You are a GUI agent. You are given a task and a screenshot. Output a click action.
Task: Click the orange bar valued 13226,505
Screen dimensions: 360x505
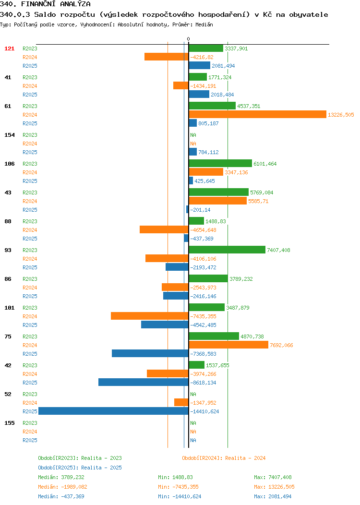pos(258,114)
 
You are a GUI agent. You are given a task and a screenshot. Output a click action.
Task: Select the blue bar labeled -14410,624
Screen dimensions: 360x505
pos(113,411)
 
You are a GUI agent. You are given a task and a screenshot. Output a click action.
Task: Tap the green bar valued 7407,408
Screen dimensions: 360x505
pos(227,250)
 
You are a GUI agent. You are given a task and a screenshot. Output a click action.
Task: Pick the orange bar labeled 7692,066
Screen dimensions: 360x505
pos(228,345)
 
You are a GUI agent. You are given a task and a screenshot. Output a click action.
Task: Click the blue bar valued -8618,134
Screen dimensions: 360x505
pos(144,382)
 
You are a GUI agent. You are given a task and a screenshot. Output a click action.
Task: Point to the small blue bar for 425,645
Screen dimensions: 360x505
pos(191,180)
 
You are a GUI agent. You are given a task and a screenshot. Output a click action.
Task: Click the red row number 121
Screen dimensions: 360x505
pos(9,48)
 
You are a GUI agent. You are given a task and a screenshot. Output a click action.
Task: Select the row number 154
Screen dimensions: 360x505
pos(9,135)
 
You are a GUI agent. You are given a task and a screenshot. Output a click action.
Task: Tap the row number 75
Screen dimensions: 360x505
pos(8,337)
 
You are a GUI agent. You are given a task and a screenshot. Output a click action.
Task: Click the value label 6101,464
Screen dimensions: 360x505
pos(265,164)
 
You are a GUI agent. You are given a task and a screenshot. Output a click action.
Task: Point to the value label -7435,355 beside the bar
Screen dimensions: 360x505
pos(203,316)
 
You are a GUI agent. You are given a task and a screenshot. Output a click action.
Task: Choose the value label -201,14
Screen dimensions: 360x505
pos(200,210)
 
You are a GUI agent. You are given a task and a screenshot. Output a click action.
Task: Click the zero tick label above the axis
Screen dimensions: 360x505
pos(188,39)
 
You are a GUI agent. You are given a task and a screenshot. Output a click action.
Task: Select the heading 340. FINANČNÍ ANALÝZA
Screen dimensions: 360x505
pos(45,4)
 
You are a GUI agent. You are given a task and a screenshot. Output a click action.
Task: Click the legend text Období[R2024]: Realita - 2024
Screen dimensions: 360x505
pos(224,458)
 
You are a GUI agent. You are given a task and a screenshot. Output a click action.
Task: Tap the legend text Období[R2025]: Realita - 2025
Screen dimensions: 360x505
pos(80,468)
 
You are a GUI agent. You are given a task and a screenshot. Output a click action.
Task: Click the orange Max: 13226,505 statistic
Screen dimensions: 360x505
pos(275,487)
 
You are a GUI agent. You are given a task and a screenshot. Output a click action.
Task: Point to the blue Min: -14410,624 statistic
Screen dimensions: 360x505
pos(180,497)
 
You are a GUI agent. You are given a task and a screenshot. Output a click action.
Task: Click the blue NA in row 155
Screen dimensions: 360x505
pos(193,440)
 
